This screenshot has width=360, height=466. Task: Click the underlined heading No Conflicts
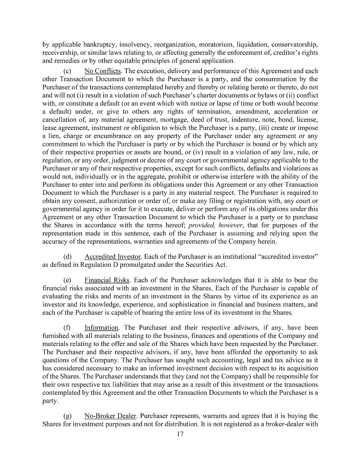click(103, 71)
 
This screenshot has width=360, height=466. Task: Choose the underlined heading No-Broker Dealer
click(110, 416)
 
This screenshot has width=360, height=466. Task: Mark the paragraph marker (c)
click(68, 71)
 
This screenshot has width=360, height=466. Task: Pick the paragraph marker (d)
click(68, 256)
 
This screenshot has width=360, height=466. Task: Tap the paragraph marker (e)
click(68, 280)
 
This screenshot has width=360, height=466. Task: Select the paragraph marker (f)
click(67, 328)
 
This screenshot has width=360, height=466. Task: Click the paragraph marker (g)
click(68, 416)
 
